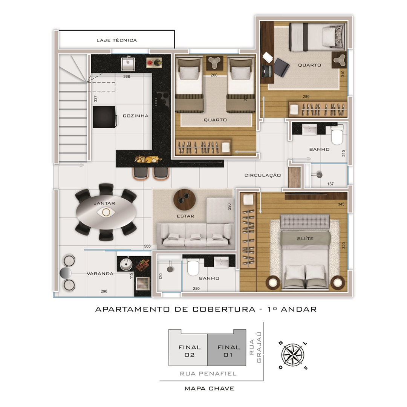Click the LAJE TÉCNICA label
(116, 40)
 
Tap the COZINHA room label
(136, 116)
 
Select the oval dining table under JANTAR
(106, 212)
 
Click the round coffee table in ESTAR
(185, 200)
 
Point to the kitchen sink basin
(128, 64)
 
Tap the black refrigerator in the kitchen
(104, 117)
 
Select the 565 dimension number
(147, 246)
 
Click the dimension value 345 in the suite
(341, 204)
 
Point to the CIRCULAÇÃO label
(263, 175)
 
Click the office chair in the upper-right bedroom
(282, 67)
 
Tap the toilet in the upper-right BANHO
(337, 135)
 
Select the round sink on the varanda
(126, 265)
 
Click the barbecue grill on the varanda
(143, 283)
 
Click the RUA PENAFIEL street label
(208, 373)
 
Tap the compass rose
(293, 355)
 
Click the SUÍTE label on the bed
(305, 238)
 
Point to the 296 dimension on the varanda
(104, 291)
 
